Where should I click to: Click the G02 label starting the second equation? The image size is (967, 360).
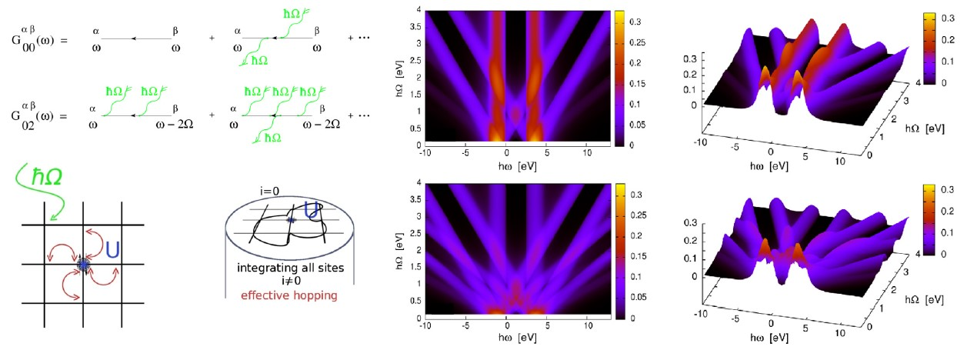point(29,110)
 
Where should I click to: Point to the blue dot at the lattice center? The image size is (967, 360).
point(82,264)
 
